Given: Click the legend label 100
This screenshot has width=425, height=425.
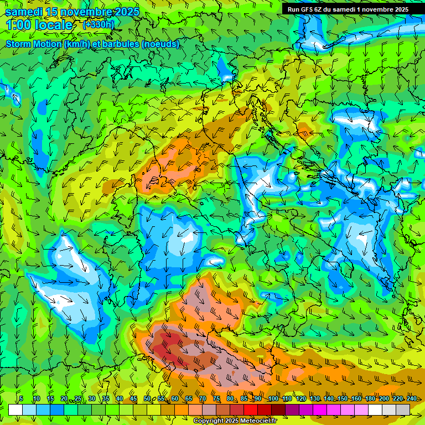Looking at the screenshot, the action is pyautogui.click(x=273, y=399).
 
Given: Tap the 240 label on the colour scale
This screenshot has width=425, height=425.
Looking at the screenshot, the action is pyautogui.click(x=412, y=399).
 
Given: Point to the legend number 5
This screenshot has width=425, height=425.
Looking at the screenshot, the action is pyautogui.click(x=21, y=399).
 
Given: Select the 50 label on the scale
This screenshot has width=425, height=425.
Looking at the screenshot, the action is pyautogui.click(x=147, y=399).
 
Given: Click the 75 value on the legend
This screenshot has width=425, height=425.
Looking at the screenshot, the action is pyautogui.click(x=216, y=399).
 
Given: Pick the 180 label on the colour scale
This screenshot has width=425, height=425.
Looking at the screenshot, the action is pyautogui.click(x=370, y=399).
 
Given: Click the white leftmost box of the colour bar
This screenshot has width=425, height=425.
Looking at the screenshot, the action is pyautogui.click(x=15, y=410).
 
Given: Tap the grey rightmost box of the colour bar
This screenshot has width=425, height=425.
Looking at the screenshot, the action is pyautogui.click(x=403, y=410).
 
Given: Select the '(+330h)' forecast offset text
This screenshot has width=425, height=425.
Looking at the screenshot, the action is pyautogui.click(x=99, y=24).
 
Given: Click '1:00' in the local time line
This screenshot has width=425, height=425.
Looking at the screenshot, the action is pyautogui.click(x=18, y=25).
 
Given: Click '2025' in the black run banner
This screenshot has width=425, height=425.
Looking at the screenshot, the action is pyautogui.click(x=400, y=9).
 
